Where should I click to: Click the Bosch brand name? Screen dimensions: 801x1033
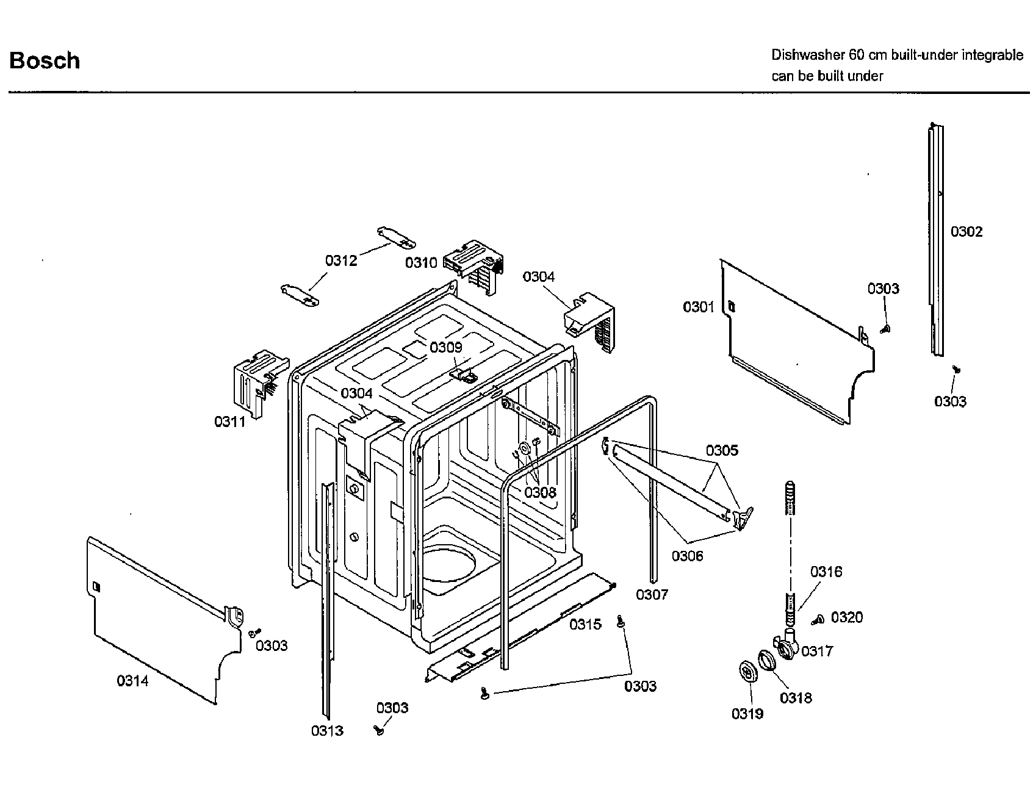tap(45, 61)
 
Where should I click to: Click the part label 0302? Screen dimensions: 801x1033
tap(966, 232)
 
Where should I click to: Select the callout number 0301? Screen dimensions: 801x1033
tap(698, 307)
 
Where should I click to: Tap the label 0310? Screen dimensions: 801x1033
tap(421, 263)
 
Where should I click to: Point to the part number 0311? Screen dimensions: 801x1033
tap(229, 422)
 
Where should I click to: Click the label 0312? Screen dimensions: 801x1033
tap(340, 261)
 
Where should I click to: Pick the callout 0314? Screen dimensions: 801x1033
tap(132, 681)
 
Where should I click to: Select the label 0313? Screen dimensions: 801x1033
tap(327, 730)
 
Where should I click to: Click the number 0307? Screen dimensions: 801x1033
tap(652, 594)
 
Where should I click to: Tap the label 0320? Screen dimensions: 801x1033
tap(847, 617)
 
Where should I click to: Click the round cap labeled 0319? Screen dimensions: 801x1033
tap(747, 672)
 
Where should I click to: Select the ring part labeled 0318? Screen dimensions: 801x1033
tap(767, 661)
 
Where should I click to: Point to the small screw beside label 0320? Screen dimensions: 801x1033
tap(818, 620)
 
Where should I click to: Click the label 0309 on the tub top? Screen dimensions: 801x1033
tap(445, 348)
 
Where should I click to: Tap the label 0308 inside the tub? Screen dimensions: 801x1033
tap(540, 492)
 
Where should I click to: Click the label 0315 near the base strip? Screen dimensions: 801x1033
tap(585, 624)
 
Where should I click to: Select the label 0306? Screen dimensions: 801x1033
tap(687, 556)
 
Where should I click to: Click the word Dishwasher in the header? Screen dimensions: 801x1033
tap(807, 56)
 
